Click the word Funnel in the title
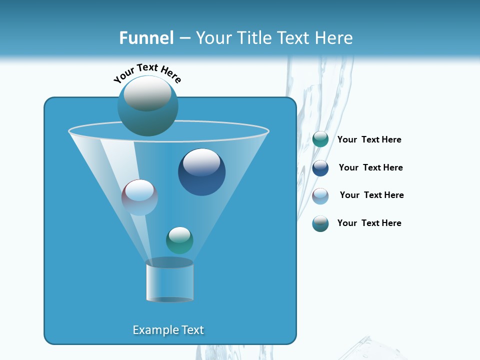146,38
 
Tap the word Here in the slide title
333,38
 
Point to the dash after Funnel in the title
184,38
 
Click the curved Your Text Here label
147,73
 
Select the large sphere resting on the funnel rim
147,105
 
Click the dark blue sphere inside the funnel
201,172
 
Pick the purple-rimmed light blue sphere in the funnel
139,197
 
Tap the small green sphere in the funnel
179,240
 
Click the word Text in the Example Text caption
192,330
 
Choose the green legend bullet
320,139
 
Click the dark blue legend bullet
320,167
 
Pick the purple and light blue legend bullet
320,195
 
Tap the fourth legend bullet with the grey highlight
320,223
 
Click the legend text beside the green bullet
369,140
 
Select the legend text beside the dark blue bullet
370,167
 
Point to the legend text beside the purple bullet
371,195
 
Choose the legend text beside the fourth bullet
369,223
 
